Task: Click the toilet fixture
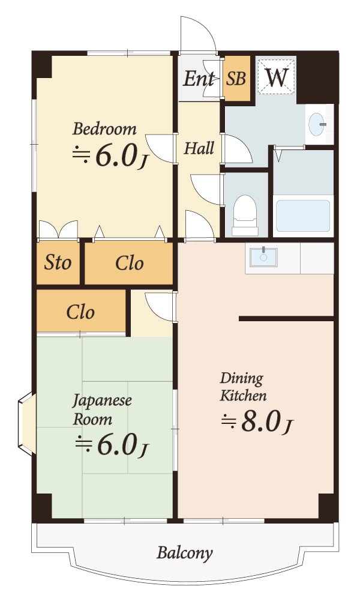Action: pos(245,215)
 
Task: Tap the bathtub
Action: pos(302,216)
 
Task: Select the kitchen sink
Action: pos(263,257)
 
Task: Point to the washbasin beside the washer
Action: pos(317,124)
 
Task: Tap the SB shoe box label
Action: pos(236,78)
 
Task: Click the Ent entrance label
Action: pos(199,79)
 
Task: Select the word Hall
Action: pos(199,148)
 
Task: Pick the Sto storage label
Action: pos(58,262)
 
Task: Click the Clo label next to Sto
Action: pos(130,264)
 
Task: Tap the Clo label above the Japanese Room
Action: pos(80,312)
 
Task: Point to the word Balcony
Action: pos(185,553)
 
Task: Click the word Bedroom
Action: pos(104,128)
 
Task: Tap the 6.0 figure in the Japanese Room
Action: pos(117,445)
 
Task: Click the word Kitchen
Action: pos(243,396)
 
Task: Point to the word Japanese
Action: pos(102,401)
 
